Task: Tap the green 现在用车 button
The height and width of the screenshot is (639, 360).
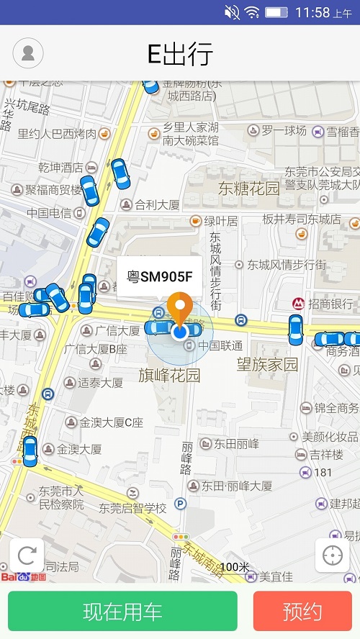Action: [122, 612]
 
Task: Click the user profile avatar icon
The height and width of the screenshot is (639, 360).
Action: [28, 53]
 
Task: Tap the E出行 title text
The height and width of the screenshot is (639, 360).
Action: [180, 54]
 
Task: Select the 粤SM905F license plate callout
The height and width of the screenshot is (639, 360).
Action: [160, 276]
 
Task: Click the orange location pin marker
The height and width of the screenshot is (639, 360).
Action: [179, 308]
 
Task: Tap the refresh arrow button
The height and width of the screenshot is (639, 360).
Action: [27, 556]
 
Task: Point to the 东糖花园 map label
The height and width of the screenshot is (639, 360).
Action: [249, 189]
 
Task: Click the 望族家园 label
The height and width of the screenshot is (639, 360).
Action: [267, 365]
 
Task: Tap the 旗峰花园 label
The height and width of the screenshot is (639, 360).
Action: [169, 376]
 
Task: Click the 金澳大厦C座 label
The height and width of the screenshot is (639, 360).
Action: [111, 422]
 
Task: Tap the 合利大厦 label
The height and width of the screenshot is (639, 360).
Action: [157, 205]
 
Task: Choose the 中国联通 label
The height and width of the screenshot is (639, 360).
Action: [220, 346]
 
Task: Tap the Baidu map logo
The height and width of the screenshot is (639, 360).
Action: [23, 576]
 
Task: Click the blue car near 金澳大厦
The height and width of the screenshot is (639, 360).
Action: [30, 450]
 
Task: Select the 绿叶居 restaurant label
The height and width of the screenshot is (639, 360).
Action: [220, 221]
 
